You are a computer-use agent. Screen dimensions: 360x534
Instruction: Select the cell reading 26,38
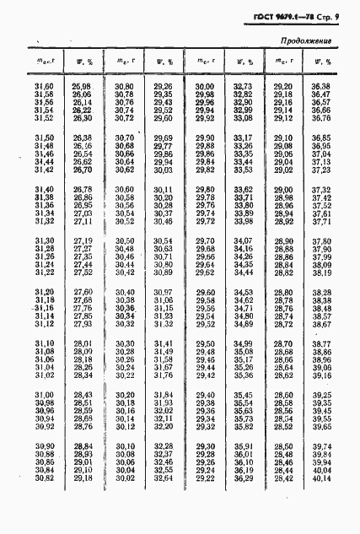(82, 138)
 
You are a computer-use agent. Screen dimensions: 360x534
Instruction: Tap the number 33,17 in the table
(243, 138)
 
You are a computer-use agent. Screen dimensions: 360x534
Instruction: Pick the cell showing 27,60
(82, 292)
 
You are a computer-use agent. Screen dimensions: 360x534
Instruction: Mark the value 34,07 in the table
(243, 240)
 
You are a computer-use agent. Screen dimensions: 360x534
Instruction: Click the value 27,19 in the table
(82, 240)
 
